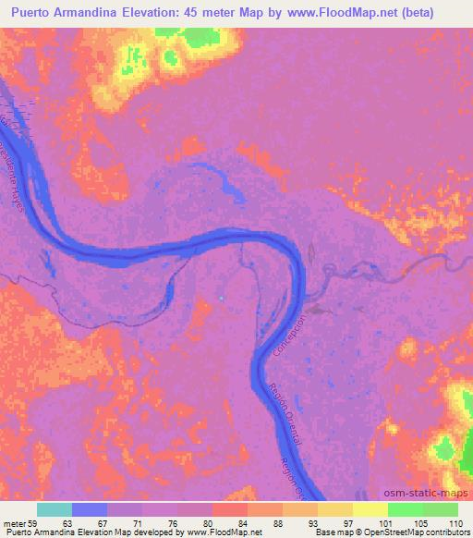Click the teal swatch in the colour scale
(55, 509)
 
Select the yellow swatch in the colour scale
(370, 509)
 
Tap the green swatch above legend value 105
(405, 509)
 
